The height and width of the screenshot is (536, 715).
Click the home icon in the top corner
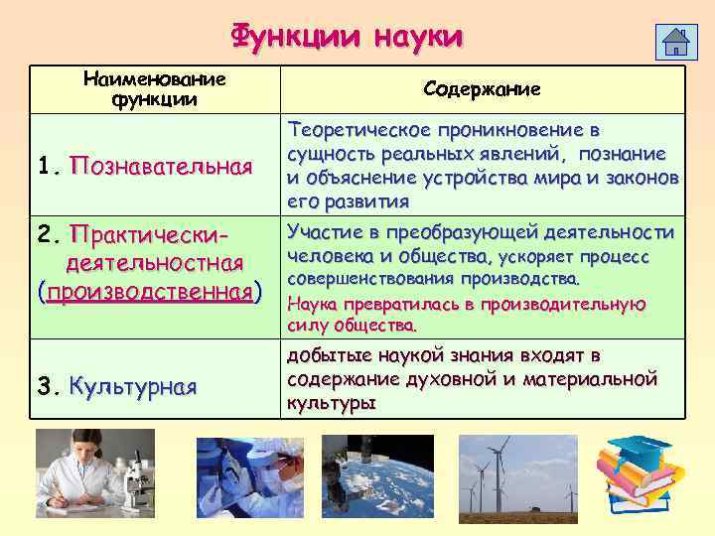click(x=676, y=43)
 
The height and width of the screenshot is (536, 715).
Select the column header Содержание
click(x=482, y=89)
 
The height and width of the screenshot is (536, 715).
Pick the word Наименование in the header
click(x=155, y=78)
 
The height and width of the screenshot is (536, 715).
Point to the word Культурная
click(x=133, y=386)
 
